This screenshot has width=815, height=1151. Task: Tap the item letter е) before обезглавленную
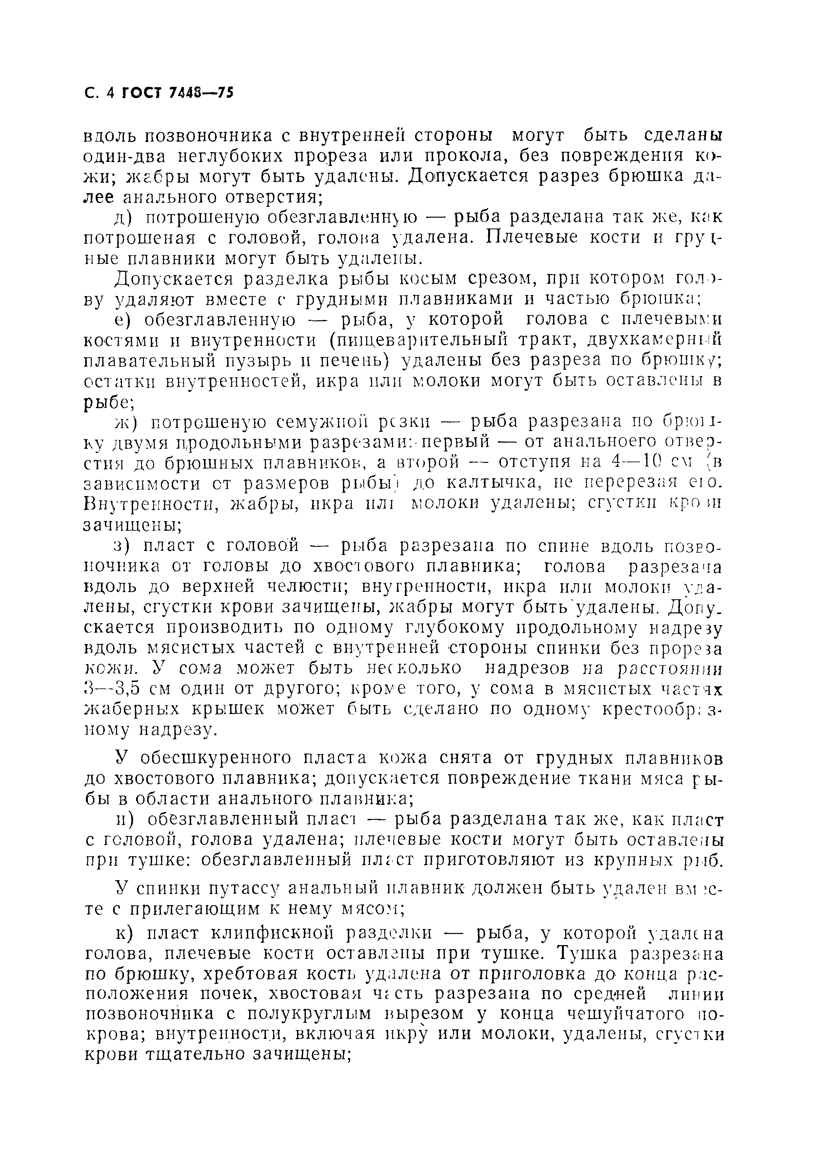[123, 320]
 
